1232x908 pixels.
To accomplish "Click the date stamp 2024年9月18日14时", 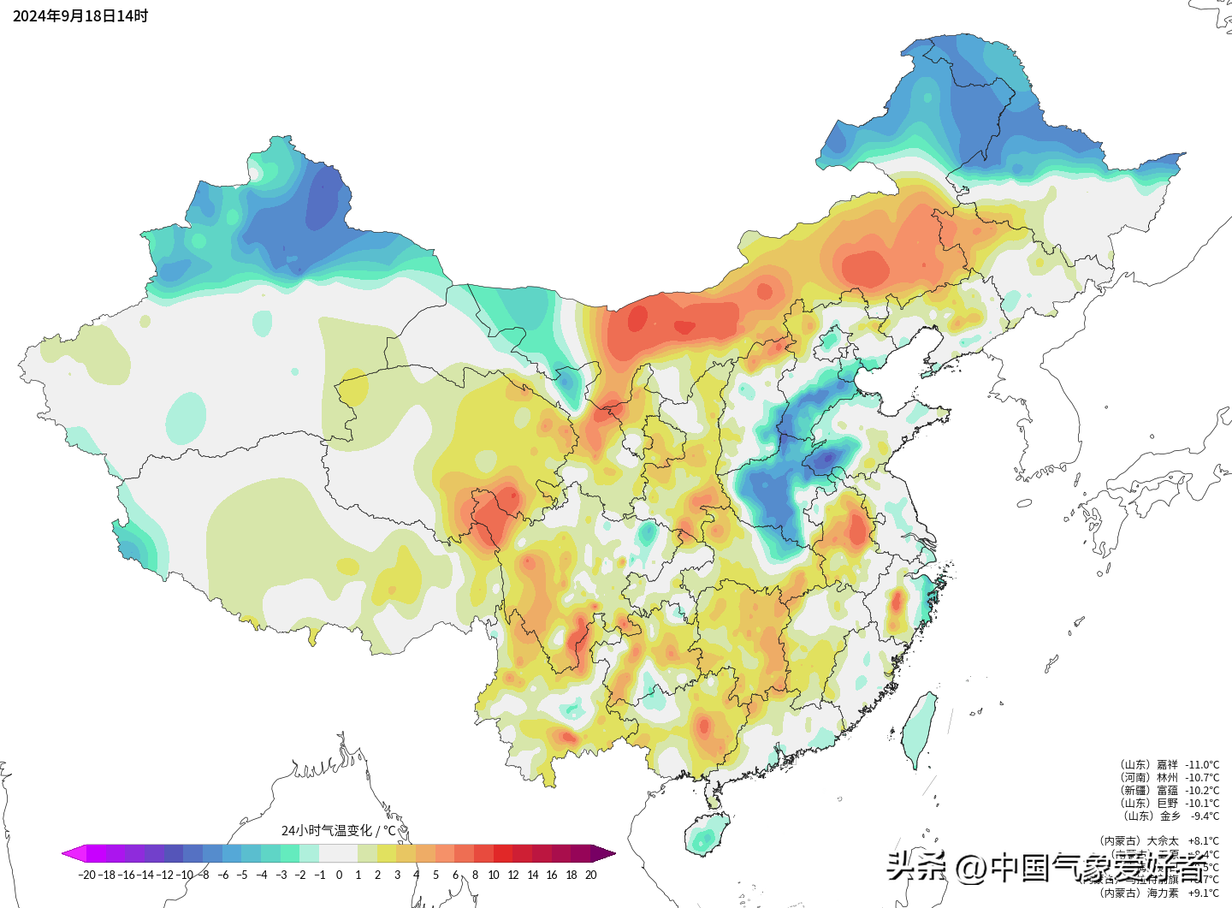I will coord(80,16).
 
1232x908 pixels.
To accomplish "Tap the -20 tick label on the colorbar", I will coord(86,875).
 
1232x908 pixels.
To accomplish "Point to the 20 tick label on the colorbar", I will coord(590,875).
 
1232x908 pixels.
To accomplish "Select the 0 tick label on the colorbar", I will coord(339,875).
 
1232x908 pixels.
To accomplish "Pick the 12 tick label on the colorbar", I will coord(513,875).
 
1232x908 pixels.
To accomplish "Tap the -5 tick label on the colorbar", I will coord(242,875).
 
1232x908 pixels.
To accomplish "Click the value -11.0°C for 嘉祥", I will coord(1202,765).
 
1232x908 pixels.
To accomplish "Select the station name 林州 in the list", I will coord(1167,778).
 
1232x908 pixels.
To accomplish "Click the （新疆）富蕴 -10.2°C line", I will coord(1169,791).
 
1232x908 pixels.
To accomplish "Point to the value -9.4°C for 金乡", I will coord(1205,816).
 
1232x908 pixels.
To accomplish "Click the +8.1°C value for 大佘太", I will coord(1203,841).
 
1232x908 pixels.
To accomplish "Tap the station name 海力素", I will coord(1163,893).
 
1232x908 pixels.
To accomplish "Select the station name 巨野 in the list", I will coord(1167,804).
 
